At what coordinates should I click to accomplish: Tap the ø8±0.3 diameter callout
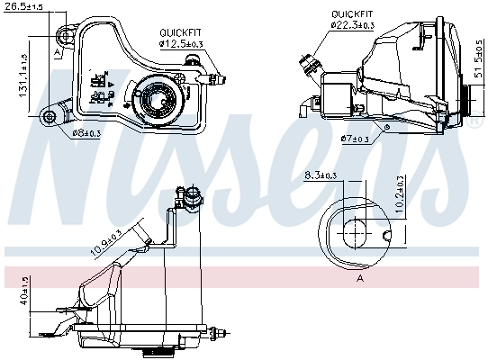86,133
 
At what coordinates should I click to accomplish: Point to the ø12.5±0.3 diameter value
181,42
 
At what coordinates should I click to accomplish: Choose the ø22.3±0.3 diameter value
354,25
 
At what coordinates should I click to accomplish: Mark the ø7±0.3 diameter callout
356,139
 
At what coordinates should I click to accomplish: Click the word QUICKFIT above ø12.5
181,31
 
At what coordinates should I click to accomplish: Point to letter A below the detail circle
360,279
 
